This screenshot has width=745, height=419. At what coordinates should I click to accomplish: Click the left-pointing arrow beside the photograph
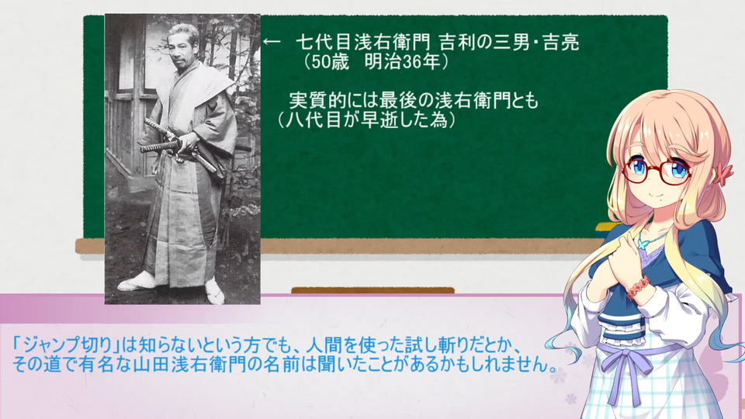(272, 41)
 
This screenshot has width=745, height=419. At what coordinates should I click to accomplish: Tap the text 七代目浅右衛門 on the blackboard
(363, 42)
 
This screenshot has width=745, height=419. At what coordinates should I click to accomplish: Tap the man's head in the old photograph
(185, 43)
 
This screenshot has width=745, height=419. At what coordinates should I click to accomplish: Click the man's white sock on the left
(137, 282)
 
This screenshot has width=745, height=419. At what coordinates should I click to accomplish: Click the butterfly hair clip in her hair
(725, 171)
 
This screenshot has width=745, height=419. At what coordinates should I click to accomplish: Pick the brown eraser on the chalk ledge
(372, 289)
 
